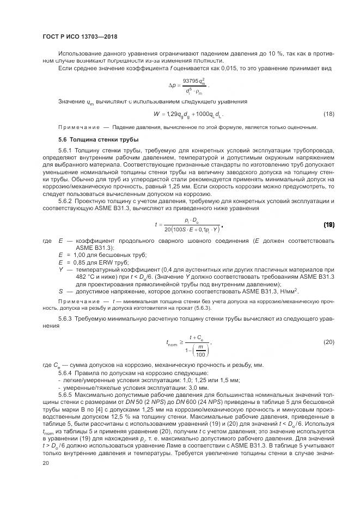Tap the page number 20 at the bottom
coord(46,462)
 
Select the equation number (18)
coord(328,114)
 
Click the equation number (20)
coord(328,342)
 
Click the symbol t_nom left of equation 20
coord(172,343)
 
